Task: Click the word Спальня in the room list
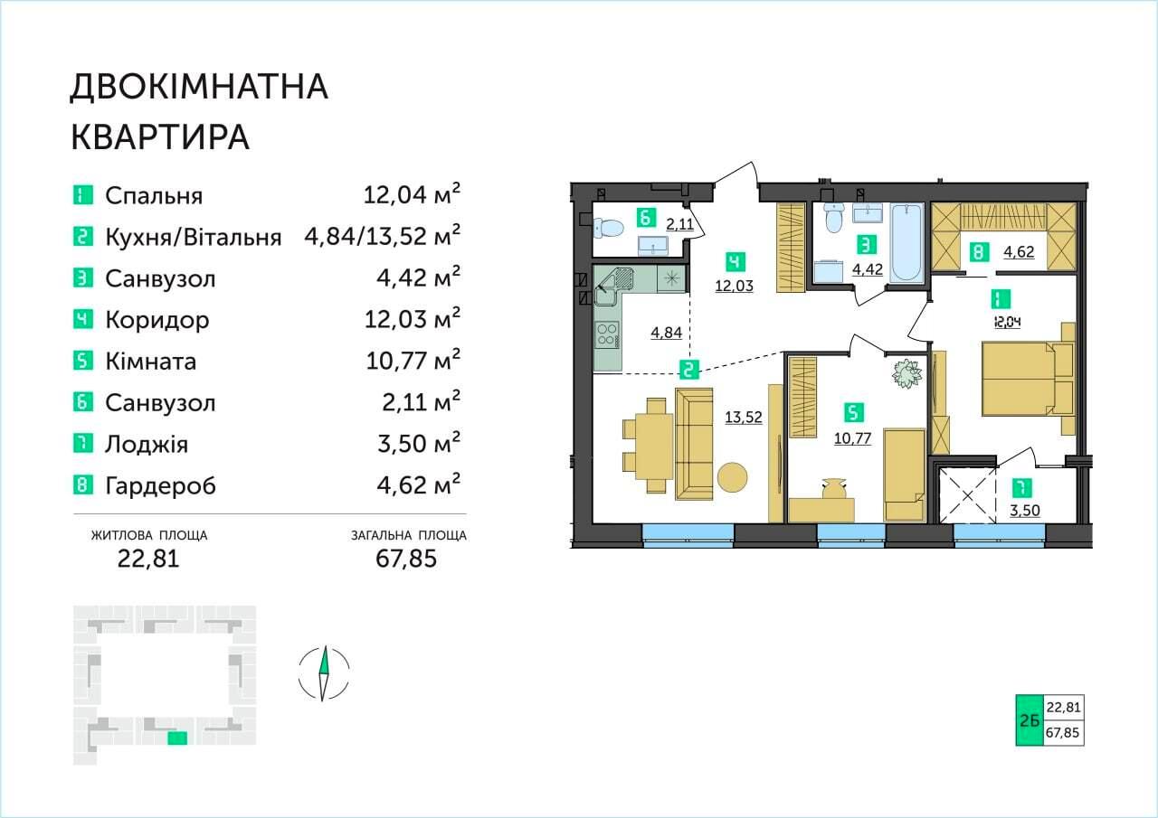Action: (154, 196)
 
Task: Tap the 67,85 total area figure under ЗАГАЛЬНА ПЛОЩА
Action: (406, 559)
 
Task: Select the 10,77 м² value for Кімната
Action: (413, 361)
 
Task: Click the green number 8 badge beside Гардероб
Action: (82, 485)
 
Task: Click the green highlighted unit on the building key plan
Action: (177, 738)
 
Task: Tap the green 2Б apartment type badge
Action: (1030, 720)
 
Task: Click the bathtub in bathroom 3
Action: (906, 241)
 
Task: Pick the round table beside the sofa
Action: (732, 477)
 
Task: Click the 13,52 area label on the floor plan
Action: (744, 418)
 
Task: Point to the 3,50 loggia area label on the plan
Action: (1025, 511)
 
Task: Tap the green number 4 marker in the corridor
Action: (736, 262)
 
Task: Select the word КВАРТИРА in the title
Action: (160, 137)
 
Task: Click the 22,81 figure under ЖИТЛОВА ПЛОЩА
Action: (148, 559)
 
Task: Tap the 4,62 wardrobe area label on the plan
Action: (1019, 252)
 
